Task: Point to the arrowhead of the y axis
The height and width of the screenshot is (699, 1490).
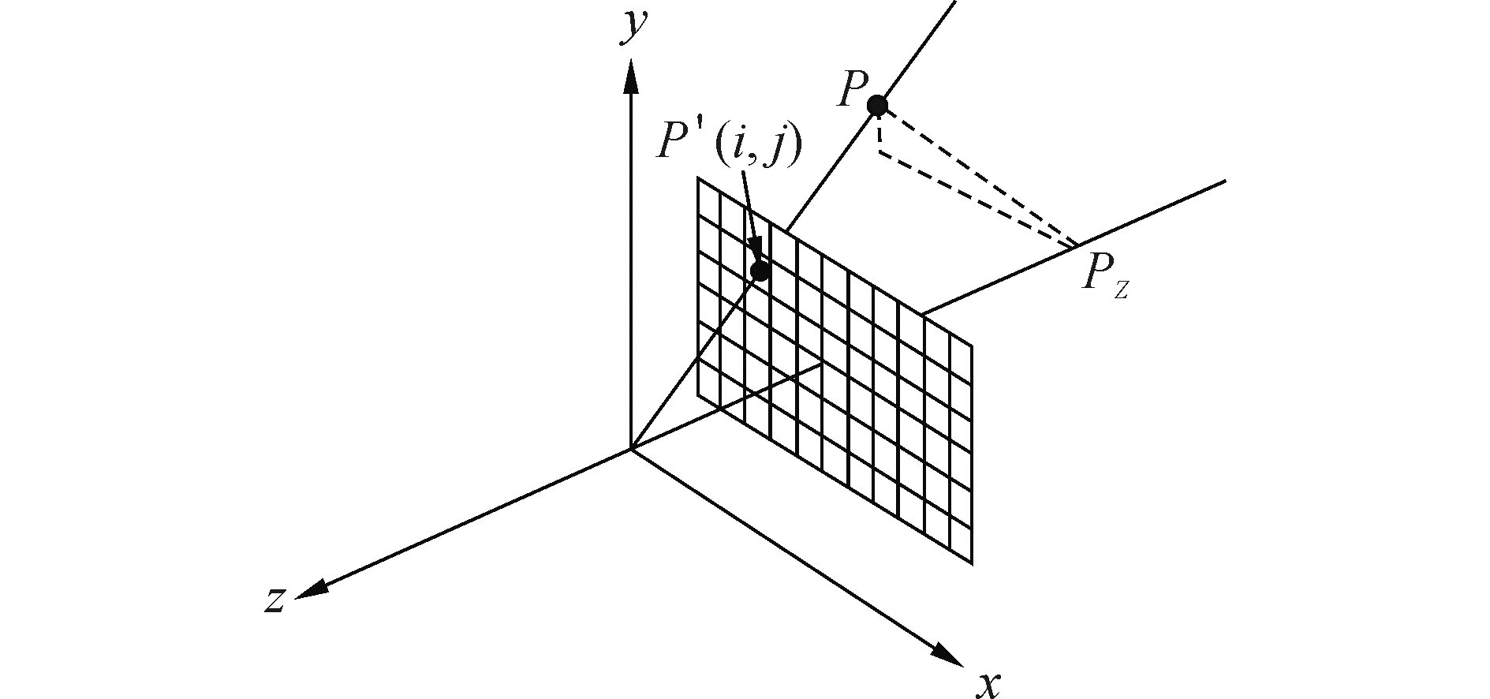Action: pos(630,76)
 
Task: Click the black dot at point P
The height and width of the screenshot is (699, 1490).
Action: pos(876,105)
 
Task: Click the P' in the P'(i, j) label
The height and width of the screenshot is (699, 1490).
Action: pos(679,143)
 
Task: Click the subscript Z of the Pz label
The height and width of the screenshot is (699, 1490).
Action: pos(1121,290)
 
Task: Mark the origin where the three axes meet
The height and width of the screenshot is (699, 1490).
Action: pos(630,450)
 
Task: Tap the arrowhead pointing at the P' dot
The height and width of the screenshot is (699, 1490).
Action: pos(756,252)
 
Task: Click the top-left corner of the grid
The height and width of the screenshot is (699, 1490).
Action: pos(698,179)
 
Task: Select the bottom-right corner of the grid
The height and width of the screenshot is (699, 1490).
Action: pos(972,563)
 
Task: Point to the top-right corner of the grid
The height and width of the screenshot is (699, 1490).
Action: pos(972,345)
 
